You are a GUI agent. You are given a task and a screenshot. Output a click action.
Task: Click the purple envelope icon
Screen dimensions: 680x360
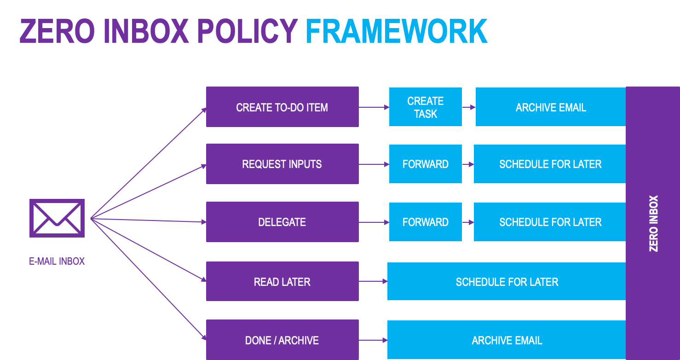click(x=57, y=218)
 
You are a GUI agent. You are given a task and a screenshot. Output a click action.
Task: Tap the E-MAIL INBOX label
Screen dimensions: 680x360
click(x=57, y=261)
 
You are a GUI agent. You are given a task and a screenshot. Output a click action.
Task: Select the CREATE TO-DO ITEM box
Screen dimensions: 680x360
click(x=282, y=107)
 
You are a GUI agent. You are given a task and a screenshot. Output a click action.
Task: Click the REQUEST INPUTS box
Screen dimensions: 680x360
click(x=282, y=164)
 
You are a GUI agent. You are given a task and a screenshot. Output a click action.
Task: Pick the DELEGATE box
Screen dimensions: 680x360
click(x=282, y=222)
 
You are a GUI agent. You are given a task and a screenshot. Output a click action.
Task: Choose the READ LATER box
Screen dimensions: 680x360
click(x=282, y=281)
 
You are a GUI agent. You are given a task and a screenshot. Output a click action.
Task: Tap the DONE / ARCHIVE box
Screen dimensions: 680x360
click(x=282, y=340)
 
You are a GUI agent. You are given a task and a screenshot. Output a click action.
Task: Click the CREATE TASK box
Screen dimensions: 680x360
click(x=426, y=107)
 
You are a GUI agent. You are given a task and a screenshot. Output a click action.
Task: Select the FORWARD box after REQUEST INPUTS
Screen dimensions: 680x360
click(x=426, y=164)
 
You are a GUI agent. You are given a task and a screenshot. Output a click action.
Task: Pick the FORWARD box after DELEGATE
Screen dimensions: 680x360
click(x=426, y=222)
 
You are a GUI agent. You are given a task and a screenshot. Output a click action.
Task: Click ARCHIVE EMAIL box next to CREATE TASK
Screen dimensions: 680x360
click(x=551, y=107)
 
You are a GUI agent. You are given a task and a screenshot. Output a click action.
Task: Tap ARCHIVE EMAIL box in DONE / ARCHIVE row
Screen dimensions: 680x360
click(x=507, y=340)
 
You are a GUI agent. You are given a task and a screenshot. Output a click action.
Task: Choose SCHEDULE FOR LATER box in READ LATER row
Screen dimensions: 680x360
click(x=507, y=281)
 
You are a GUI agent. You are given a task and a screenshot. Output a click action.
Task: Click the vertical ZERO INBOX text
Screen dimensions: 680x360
click(x=653, y=224)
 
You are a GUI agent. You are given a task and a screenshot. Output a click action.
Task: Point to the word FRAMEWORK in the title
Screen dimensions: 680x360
click(x=397, y=31)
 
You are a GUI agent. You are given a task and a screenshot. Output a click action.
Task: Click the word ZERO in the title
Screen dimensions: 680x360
click(x=57, y=31)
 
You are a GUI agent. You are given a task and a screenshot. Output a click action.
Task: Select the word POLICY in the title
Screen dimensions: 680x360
click(x=248, y=31)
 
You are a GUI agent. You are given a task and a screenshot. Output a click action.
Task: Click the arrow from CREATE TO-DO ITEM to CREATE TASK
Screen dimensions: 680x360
click(x=374, y=107)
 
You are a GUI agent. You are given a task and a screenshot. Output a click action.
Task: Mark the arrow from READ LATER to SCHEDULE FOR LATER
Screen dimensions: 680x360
click(x=373, y=281)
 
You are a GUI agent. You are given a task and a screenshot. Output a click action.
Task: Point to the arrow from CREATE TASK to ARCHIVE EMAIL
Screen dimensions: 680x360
click(x=469, y=107)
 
